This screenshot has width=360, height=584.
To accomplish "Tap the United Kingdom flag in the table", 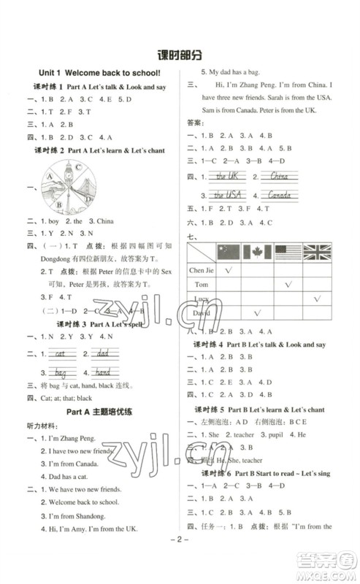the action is tap(318, 253).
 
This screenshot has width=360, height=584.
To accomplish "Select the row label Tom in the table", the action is tap(203, 285).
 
